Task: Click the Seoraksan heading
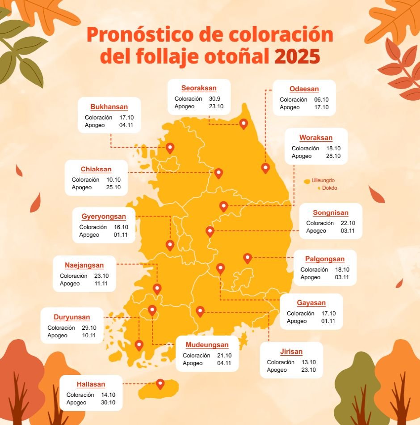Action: (x=199, y=88)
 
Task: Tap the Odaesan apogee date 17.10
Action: (x=321, y=107)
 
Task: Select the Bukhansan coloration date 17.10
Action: (x=126, y=118)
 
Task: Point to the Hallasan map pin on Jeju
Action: (x=160, y=383)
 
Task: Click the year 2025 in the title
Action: (x=297, y=57)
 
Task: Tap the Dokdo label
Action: (x=329, y=188)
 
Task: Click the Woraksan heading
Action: (x=316, y=138)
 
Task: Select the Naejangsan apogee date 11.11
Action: (x=101, y=284)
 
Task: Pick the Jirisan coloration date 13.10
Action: (x=308, y=362)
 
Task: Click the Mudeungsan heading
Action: (x=207, y=345)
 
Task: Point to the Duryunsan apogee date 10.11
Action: (x=89, y=336)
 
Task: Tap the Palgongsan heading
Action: (x=325, y=259)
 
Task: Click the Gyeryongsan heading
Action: (x=104, y=217)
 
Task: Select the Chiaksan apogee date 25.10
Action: (x=113, y=187)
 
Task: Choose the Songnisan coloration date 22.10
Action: (x=348, y=223)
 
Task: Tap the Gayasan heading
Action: (x=311, y=303)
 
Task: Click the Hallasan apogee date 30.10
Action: (x=108, y=403)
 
